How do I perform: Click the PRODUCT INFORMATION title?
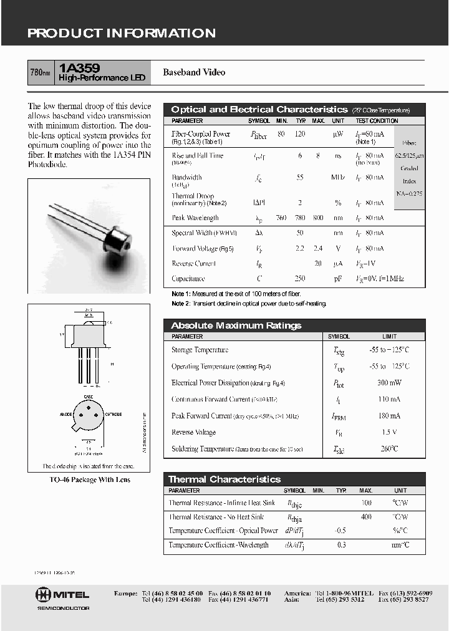click(121, 34)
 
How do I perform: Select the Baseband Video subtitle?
click(194, 72)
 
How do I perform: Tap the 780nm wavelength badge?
click(41, 73)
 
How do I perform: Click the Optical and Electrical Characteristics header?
click(259, 109)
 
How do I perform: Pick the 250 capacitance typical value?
click(301, 279)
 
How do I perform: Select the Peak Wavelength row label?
click(195, 218)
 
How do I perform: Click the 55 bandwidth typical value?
click(300, 177)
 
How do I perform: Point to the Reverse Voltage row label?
click(193, 432)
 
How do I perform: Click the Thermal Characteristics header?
click(224, 479)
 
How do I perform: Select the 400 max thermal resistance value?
click(366, 517)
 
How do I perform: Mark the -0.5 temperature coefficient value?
click(341, 531)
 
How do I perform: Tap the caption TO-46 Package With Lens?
click(89, 479)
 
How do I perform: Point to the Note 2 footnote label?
click(180, 304)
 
